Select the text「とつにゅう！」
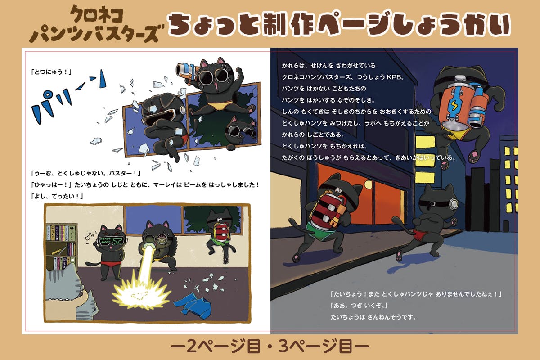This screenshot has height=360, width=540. coord(51,72)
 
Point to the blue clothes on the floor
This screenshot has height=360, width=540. coord(193,306)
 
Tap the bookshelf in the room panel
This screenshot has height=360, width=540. coord(62,247)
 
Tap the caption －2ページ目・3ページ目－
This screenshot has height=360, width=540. coord(270,346)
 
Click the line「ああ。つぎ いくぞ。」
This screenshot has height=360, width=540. coord(359,306)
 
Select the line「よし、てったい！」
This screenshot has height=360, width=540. coord(57,196)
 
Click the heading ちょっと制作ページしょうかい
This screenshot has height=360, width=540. coord(339,24)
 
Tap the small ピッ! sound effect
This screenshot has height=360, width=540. coord(90,236)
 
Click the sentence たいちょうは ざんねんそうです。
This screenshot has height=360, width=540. coord(373,317)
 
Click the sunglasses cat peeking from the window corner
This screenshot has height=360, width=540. coord(241,132)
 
